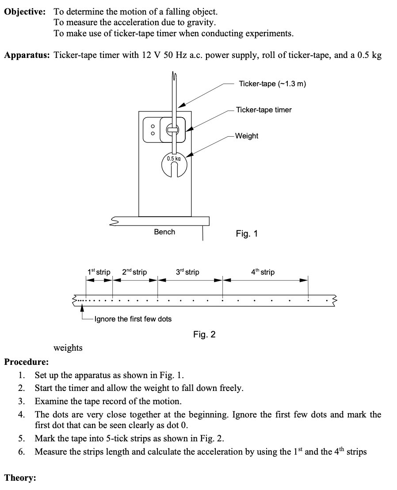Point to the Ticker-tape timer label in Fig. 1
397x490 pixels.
pos(263,110)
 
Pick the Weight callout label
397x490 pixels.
pos(247,136)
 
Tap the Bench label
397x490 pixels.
pos(164,232)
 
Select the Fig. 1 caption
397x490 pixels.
pos(247,234)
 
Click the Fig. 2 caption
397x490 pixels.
pos(204,334)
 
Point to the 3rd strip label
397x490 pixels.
pos(187,272)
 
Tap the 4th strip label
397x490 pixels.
pos(263,272)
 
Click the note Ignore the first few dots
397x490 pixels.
pos(133,319)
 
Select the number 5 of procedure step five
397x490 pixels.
pos(21,439)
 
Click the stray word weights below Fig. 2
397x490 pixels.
pos(68,348)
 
